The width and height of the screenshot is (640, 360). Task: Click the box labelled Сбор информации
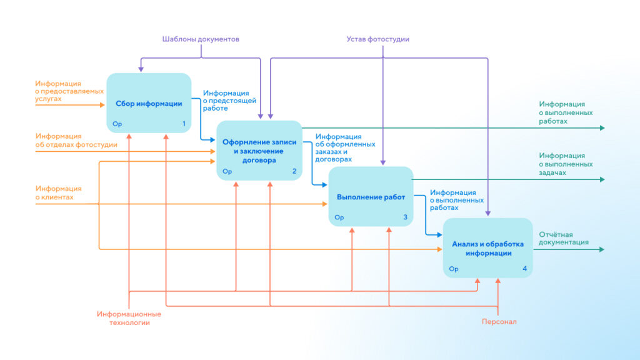[x=149, y=103]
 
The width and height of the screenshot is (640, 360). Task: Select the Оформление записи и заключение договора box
[x=259, y=151]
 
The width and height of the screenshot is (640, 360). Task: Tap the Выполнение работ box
[x=371, y=197]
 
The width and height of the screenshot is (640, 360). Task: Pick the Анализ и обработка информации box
[x=487, y=248]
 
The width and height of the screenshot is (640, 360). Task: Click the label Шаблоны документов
[x=201, y=39]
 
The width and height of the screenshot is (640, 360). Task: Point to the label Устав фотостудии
[x=378, y=39]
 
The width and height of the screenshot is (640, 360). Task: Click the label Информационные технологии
[x=129, y=318]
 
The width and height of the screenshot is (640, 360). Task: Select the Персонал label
[x=499, y=322]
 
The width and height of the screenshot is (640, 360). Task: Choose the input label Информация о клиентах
[x=58, y=192]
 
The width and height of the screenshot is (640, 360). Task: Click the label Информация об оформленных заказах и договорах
[x=345, y=147]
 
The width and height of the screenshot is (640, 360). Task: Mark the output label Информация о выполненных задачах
[x=566, y=164]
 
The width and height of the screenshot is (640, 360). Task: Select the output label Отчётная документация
[x=564, y=238]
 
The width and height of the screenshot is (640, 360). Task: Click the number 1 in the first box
[x=184, y=124]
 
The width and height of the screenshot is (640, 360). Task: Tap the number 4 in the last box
[x=524, y=269]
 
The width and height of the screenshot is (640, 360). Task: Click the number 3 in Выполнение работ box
[x=405, y=217]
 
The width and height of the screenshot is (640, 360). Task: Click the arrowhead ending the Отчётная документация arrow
[x=602, y=249]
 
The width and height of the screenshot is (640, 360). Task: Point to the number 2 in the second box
[x=294, y=171]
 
